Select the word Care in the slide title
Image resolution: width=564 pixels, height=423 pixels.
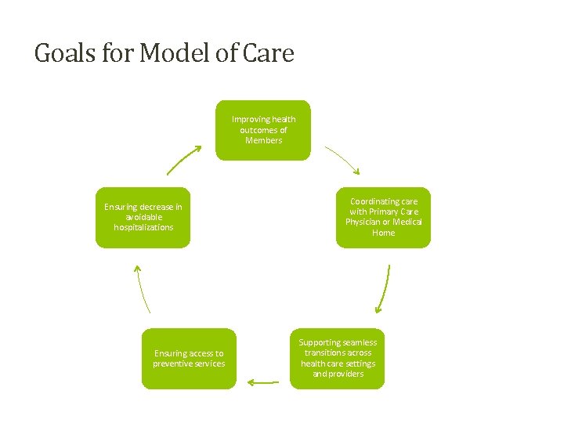coord(269,53)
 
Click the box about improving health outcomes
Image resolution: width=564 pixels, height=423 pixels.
coord(263,130)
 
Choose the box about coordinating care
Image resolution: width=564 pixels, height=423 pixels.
coord(384,217)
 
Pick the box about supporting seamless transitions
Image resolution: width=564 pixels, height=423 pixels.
coord(338,358)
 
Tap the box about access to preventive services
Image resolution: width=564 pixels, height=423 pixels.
coord(189,358)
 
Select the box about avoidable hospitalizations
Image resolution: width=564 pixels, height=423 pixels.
coord(143,217)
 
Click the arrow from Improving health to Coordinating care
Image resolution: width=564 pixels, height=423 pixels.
coord(342,160)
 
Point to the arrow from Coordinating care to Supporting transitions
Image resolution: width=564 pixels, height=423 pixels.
coord(384,288)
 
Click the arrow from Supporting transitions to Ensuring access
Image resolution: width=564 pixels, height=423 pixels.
coord(263,383)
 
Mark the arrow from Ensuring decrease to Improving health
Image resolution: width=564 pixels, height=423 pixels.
coord(183,160)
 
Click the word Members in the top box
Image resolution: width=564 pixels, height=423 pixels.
coord(263,140)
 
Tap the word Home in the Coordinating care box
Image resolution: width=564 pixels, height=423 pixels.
coord(384,233)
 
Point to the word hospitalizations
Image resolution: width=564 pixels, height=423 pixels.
coord(143,227)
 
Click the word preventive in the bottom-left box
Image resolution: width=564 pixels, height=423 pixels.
coord(178,363)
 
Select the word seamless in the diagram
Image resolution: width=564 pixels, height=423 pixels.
coord(359,342)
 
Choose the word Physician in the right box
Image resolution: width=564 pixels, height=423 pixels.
coord(366,222)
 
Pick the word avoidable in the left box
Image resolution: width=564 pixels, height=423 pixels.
coord(143,217)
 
